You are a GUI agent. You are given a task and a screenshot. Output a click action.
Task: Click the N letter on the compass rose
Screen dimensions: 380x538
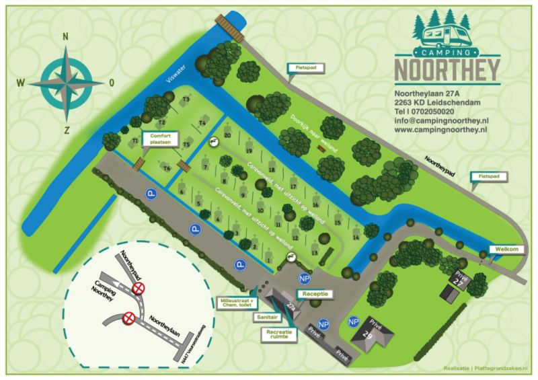(x=66, y=38)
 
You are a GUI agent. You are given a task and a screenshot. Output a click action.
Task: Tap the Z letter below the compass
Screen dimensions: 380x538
(x=66, y=130)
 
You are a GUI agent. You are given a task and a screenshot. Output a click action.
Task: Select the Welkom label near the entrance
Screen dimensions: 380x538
(x=506, y=250)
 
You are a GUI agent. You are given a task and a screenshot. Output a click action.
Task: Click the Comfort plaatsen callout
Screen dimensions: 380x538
(x=156, y=139)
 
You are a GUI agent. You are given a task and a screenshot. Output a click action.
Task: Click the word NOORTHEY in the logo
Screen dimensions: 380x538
(x=447, y=69)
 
